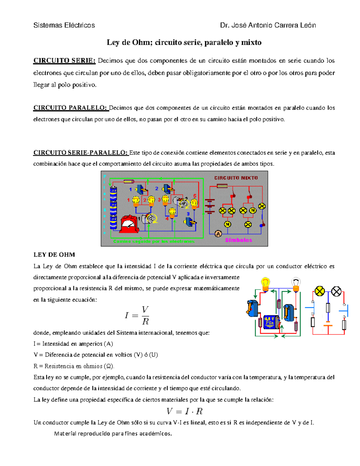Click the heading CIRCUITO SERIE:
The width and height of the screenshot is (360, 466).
point(64,61)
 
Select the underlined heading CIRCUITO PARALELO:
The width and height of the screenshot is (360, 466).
point(70,108)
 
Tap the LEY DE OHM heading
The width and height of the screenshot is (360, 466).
point(54,255)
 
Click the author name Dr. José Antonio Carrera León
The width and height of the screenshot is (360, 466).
point(268,26)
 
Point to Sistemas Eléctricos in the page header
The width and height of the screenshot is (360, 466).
point(64,26)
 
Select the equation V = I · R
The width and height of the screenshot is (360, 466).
point(184,411)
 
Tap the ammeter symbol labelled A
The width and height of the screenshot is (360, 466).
point(218,234)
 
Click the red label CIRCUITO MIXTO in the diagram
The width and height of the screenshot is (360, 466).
point(236,178)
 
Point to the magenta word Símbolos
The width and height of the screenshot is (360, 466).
point(238,240)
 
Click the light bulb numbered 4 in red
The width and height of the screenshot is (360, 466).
point(172,213)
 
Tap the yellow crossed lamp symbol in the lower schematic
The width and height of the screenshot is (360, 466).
point(319,291)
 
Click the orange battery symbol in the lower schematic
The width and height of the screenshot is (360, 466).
point(328,324)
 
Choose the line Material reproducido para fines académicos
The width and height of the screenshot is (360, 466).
point(113,434)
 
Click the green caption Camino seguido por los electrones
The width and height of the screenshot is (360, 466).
point(154,242)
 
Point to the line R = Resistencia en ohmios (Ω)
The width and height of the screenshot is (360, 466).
point(74,366)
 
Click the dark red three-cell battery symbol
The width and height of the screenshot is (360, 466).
point(210,206)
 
